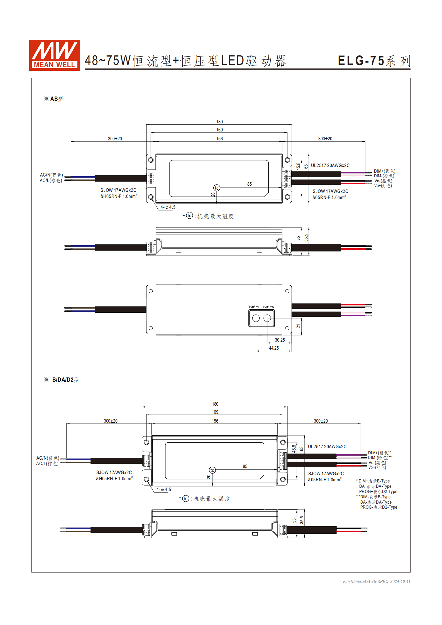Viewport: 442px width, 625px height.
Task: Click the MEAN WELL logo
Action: (x=55, y=55)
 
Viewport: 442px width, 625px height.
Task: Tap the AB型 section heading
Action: (x=54, y=99)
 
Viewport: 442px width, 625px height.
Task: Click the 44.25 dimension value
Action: (x=273, y=348)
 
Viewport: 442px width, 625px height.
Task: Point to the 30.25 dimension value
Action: (x=280, y=340)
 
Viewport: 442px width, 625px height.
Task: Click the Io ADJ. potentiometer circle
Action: (x=256, y=318)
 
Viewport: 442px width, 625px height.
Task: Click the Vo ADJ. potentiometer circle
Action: (x=267, y=318)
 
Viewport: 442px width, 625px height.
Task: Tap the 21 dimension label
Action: (x=298, y=326)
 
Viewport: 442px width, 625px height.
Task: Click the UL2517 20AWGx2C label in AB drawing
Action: (x=330, y=165)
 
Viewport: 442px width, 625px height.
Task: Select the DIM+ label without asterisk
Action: (x=384, y=171)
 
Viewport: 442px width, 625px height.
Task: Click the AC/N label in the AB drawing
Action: (x=51, y=175)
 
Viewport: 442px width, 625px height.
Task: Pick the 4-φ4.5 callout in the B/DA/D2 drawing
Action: (x=163, y=489)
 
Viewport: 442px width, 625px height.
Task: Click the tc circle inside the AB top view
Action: (x=217, y=188)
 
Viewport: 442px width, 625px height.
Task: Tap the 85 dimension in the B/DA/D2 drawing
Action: (x=245, y=466)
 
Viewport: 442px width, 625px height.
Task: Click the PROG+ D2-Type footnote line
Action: (x=378, y=492)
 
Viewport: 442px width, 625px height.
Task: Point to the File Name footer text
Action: (x=377, y=581)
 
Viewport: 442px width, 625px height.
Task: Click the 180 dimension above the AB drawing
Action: (x=219, y=122)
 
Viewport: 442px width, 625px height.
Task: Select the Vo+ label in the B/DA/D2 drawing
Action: (x=377, y=467)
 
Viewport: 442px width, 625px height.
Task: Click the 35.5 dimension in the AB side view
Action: (x=306, y=238)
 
